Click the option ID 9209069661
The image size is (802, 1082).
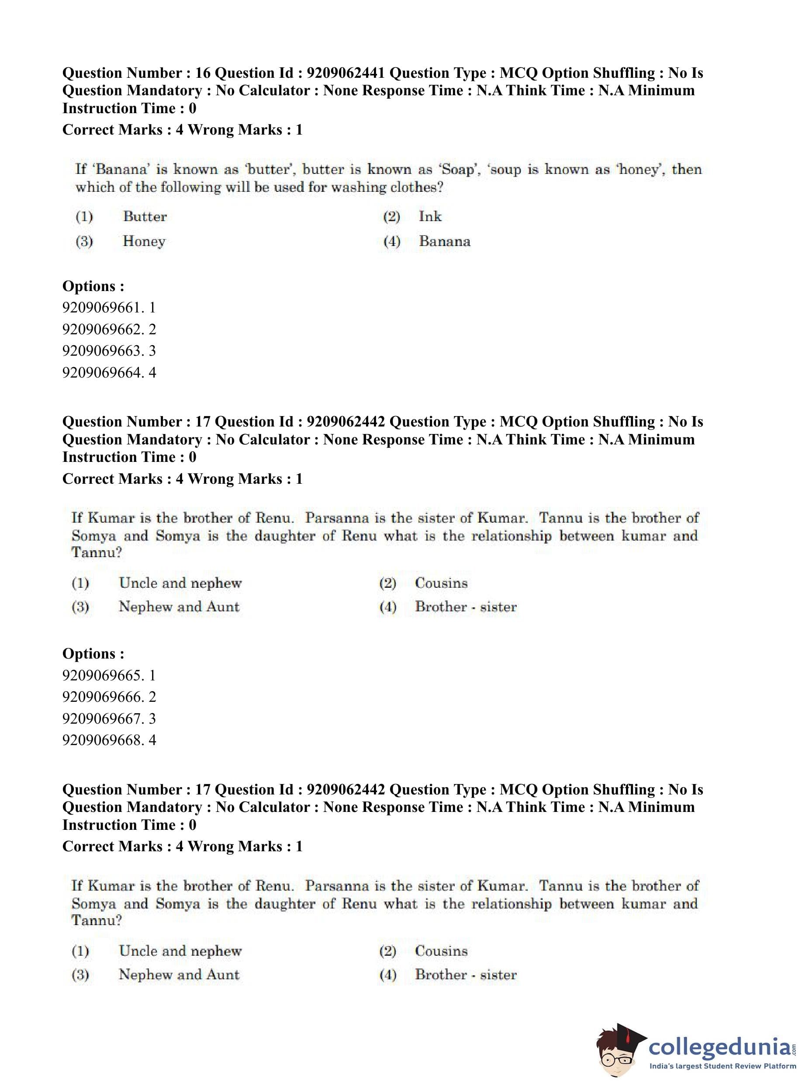click(109, 307)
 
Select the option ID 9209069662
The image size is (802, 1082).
click(109, 329)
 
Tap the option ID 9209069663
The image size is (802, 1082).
click(109, 350)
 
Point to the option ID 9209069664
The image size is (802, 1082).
click(109, 372)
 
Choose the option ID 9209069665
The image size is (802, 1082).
click(109, 675)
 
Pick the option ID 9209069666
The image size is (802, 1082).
click(109, 697)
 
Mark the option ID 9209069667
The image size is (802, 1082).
click(109, 718)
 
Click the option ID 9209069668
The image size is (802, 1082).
click(109, 740)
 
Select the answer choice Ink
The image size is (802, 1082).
click(430, 216)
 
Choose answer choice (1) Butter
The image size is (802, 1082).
click(145, 216)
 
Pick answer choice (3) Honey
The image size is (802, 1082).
click(144, 241)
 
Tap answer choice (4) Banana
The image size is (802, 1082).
click(445, 241)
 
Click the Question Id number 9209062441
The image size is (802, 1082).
click(346, 73)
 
